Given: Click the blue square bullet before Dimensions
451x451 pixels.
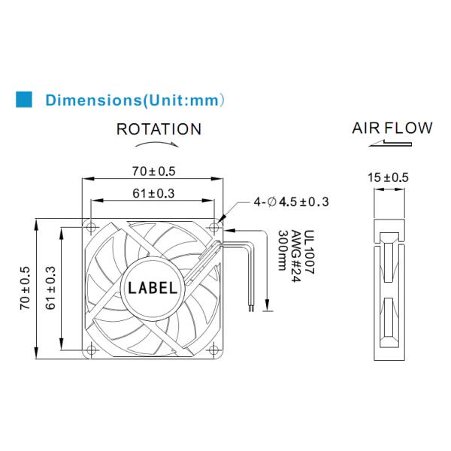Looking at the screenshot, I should pyautogui.click(x=24, y=98).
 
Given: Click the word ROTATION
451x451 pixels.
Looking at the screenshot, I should pyautogui.click(x=159, y=129).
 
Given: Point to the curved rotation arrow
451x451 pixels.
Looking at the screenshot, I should pyautogui.click(x=159, y=144).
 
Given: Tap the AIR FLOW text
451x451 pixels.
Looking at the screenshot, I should pyautogui.click(x=392, y=128).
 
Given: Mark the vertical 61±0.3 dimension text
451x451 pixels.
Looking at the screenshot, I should pyautogui.click(x=51, y=286).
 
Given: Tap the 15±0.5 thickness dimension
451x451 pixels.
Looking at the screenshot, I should pyautogui.click(x=388, y=178).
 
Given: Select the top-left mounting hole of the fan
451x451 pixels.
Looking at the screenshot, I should pyautogui.click(x=90, y=226).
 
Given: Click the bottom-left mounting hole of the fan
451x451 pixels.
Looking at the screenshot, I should pyautogui.click(x=90, y=348).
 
